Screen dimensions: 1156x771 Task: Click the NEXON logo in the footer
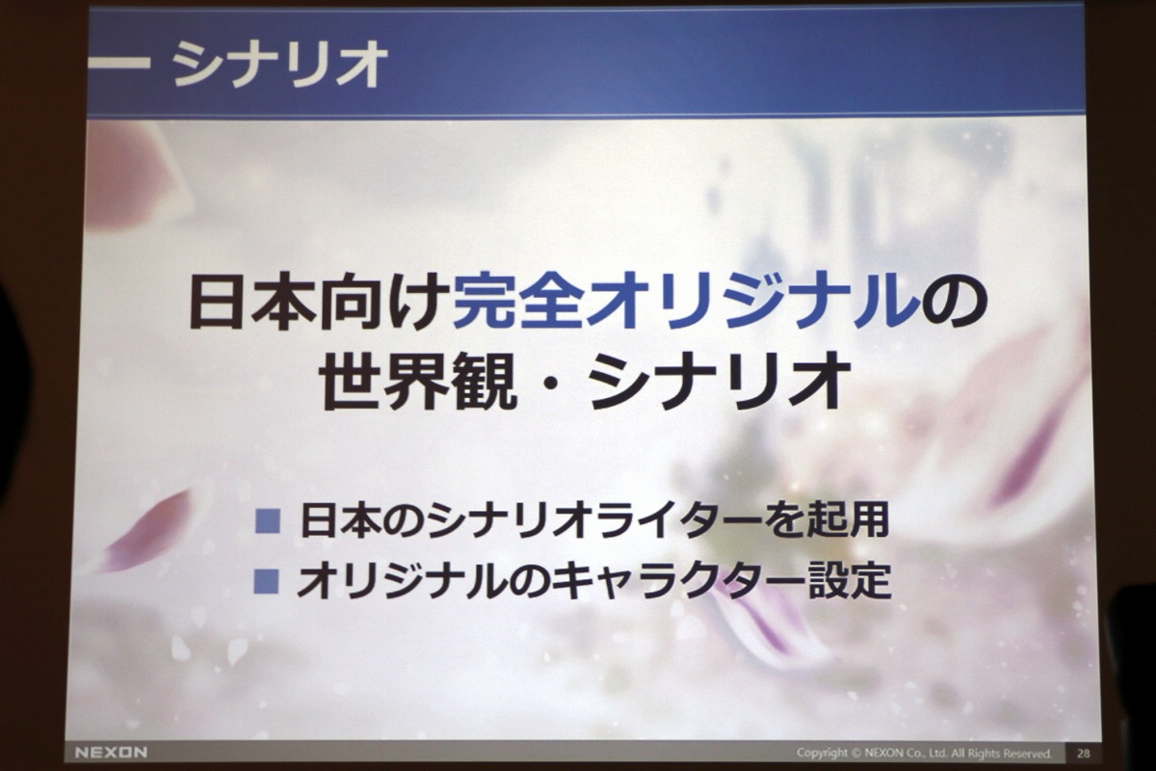pyautogui.click(x=111, y=753)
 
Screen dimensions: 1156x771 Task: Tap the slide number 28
pyautogui.click(x=1083, y=754)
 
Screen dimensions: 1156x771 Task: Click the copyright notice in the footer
pyautogui.click(x=924, y=754)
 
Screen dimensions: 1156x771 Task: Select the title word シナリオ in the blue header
pyautogui.click(x=279, y=65)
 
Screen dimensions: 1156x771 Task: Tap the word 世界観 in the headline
pyautogui.click(x=418, y=381)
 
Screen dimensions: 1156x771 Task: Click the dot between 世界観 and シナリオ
pyautogui.click(x=553, y=383)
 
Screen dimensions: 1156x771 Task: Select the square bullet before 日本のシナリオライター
pyautogui.click(x=268, y=521)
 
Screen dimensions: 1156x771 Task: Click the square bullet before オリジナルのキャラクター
pyautogui.click(x=266, y=581)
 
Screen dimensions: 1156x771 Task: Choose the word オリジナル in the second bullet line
pyautogui.click(x=404, y=581)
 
